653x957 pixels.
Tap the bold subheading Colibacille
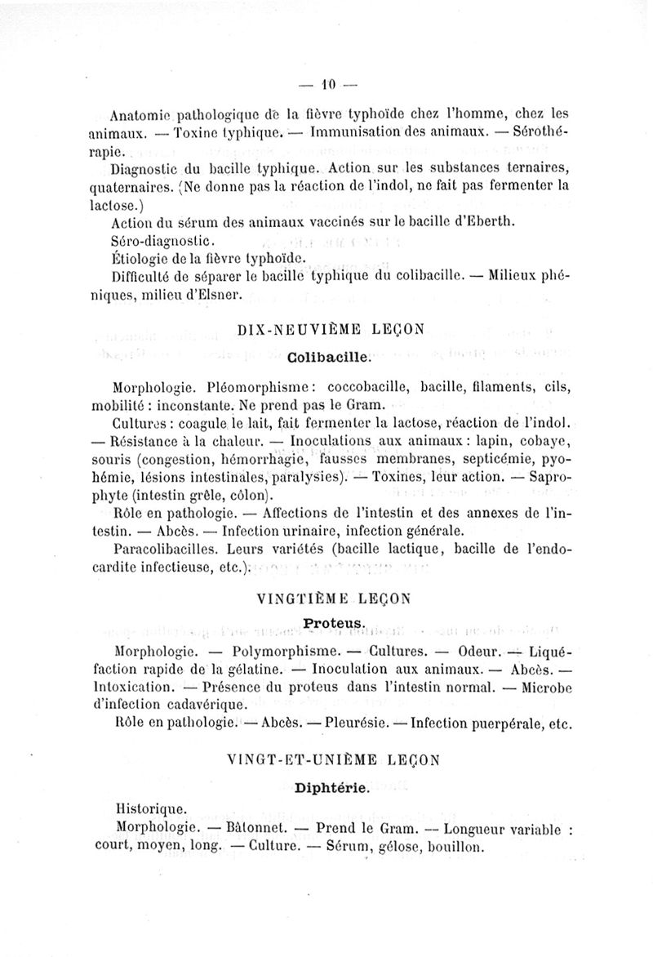tap(329, 357)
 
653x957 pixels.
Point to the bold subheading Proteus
tap(331, 624)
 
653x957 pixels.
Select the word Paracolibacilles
tap(166, 550)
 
